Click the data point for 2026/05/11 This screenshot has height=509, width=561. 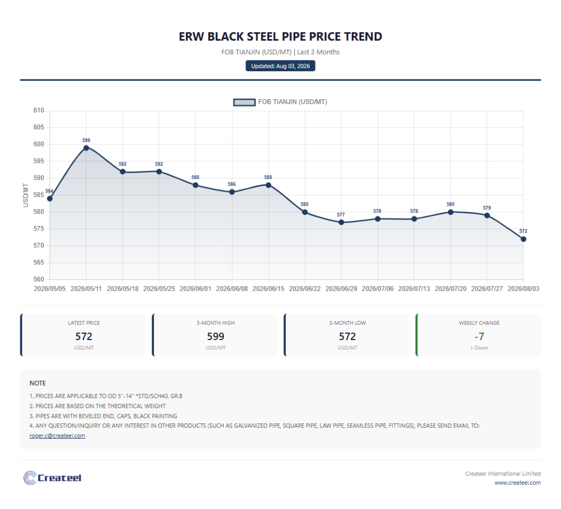[86, 148]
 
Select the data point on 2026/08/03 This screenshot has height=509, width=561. [523, 239]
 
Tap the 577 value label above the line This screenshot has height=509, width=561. [341, 215]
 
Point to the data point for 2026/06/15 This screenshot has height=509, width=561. [268, 185]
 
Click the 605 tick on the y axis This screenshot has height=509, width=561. [39, 127]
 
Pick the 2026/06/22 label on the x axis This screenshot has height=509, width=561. [305, 289]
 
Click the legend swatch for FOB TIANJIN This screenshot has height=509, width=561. [244, 102]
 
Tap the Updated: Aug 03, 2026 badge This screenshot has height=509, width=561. [280, 66]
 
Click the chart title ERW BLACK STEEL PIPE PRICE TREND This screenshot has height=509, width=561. [280, 37]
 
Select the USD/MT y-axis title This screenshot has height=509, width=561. [26, 195]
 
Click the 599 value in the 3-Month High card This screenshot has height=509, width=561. [215, 336]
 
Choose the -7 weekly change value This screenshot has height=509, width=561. [479, 336]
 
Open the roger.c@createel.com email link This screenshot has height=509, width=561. [57, 436]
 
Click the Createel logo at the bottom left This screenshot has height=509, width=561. [52, 478]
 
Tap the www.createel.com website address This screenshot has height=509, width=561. [518, 483]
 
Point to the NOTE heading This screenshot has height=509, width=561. [38, 383]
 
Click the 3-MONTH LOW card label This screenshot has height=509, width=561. [347, 323]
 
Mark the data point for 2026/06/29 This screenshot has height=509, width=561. [341, 223]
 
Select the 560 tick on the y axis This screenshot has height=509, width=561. [39, 279]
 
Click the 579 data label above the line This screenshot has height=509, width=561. [487, 208]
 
